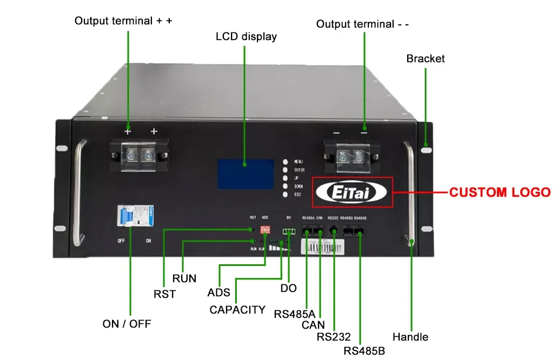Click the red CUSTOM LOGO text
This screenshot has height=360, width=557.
[x=500, y=192]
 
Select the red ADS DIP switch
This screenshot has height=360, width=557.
[x=265, y=229]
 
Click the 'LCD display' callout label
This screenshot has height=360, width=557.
[x=246, y=37]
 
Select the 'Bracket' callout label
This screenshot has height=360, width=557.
[x=425, y=58]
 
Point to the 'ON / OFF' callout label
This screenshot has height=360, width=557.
[x=127, y=324]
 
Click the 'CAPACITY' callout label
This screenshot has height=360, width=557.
[x=237, y=310]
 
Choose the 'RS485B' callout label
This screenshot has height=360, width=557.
[x=364, y=351]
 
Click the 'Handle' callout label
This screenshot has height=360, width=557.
[x=410, y=337]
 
